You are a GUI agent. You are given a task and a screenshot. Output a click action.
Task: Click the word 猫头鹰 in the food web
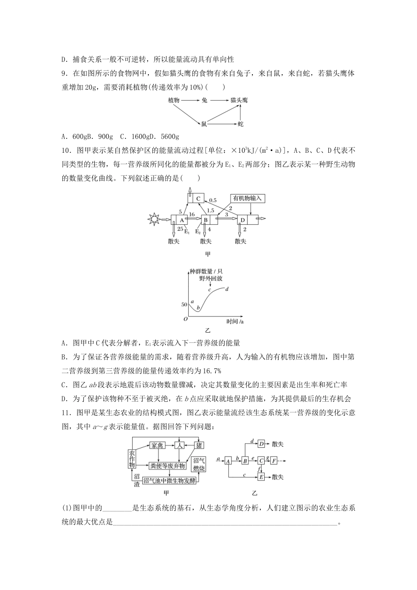[x=239, y=101]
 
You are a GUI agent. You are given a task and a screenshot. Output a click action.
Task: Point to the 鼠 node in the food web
[x=204, y=125]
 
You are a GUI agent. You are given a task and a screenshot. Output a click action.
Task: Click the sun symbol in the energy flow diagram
[x=155, y=218]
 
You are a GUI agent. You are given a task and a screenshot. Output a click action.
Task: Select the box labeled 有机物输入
[x=248, y=198]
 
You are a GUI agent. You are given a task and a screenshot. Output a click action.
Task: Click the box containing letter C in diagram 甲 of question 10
[x=198, y=198]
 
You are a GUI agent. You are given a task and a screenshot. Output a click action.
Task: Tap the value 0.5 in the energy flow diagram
[x=212, y=200]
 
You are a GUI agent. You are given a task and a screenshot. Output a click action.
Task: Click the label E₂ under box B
[x=198, y=231]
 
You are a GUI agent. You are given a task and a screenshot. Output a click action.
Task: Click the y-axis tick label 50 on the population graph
[x=184, y=304]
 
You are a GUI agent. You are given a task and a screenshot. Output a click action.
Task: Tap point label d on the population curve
[x=226, y=289]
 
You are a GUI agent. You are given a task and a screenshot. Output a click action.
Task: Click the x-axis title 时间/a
[x=235, y=321]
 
